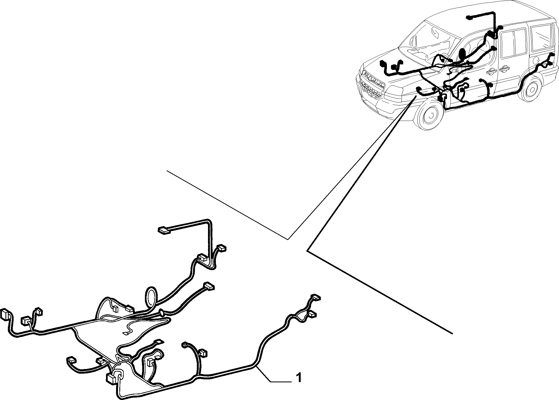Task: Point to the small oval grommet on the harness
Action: click(162, 313)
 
